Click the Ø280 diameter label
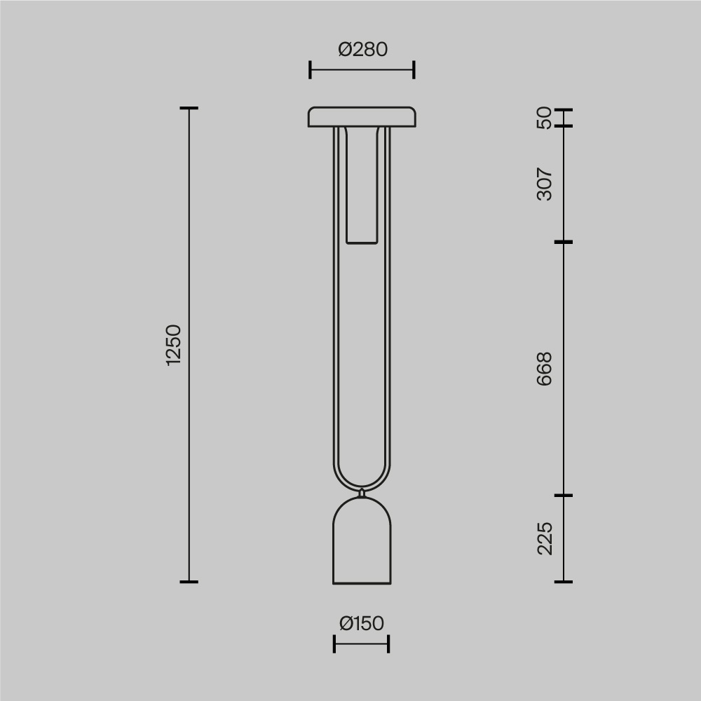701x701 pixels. click(362, 49)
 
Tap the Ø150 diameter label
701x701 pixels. click(362, 623)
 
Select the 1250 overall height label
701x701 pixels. click(173, 345)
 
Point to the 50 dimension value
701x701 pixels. click(544, 118)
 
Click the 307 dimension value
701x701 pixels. click(544, 184)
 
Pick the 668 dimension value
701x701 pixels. click(544, 369)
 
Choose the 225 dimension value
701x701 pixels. click(545, 538)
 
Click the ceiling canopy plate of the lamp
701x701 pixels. click(362, 117)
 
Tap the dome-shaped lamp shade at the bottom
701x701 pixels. click(362, 541)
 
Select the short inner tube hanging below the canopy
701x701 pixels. click(362, 186)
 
